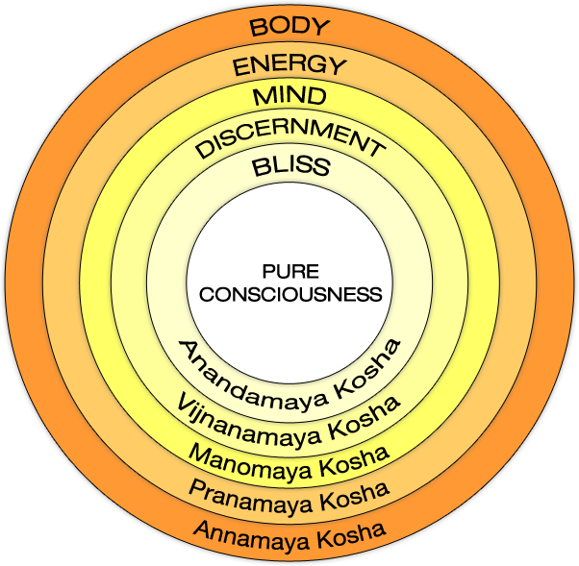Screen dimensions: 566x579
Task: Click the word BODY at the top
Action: (289, 26)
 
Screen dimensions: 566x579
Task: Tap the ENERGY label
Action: (289, 65)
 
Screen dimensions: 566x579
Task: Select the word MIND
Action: (289, 97)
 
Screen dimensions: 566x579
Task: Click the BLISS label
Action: (289, 167)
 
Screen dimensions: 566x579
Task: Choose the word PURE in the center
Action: (289, 274)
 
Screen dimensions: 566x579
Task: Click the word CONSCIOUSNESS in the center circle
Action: (289, 294)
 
